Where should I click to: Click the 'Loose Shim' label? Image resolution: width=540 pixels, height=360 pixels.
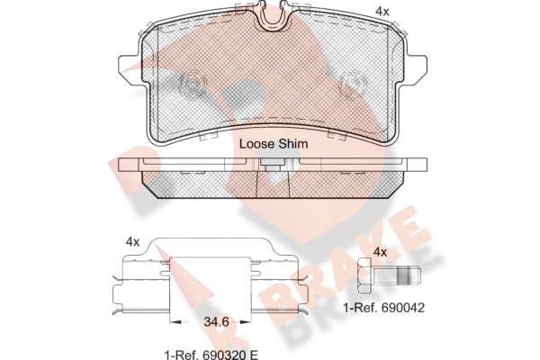(274, 144)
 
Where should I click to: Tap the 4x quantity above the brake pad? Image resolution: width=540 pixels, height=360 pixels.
(382, 12)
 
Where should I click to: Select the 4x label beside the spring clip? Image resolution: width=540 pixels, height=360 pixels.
(132, 242)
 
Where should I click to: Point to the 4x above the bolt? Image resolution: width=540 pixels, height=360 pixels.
(380, 253)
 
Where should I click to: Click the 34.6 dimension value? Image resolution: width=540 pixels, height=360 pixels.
(216, 322)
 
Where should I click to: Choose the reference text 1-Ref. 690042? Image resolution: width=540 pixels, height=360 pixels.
(384, 308)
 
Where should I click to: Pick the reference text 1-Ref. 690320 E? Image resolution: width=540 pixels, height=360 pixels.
(211, 354)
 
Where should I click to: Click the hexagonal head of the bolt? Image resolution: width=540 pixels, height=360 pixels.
(365, 276)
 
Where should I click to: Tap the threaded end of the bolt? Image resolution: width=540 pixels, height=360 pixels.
(409, 276)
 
